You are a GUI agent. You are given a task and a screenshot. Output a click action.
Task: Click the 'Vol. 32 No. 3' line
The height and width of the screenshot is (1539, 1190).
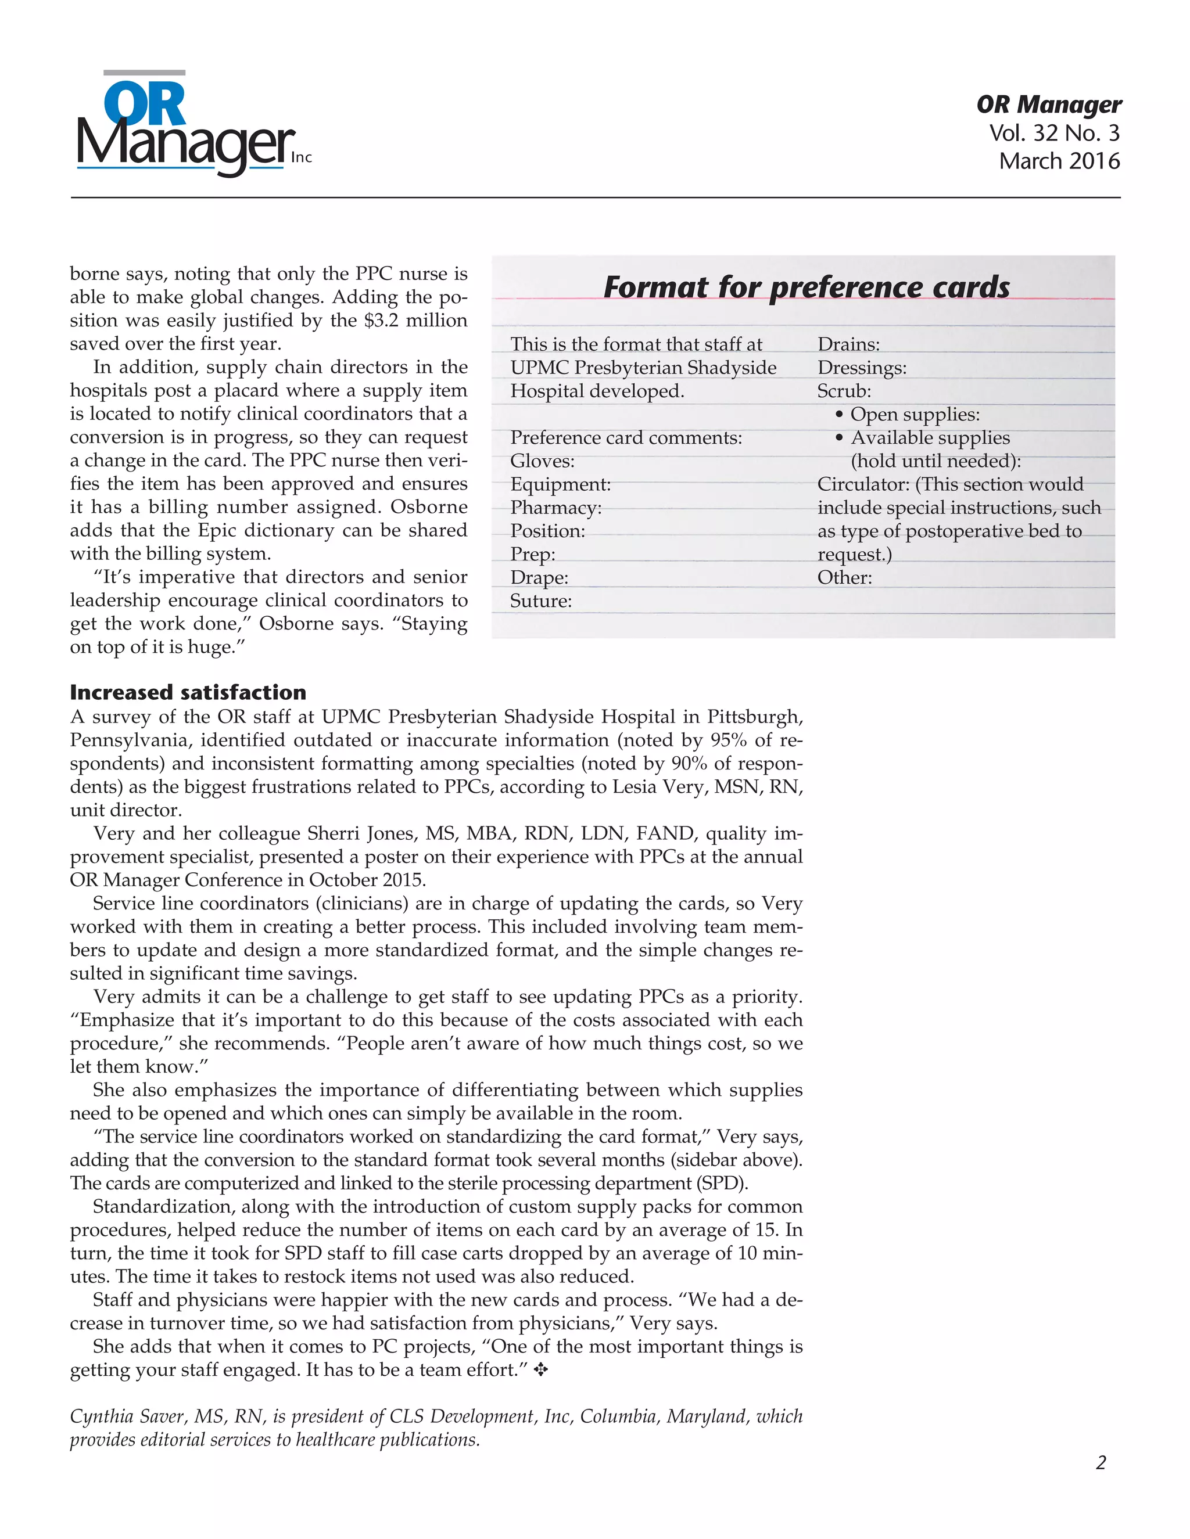coord(1053,132)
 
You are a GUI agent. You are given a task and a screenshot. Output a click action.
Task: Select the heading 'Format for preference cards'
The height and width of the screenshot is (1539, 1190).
coord(806,287)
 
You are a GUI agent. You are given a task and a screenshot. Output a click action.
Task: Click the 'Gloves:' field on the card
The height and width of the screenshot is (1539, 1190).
coord(542,461)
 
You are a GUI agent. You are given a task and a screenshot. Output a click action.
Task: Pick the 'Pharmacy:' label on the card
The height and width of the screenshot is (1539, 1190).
coord(555,508)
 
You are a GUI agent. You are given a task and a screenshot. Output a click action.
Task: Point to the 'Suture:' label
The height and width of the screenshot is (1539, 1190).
coord(541,601)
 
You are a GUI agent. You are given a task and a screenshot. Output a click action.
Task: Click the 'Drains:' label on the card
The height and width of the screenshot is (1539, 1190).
coord(848,344)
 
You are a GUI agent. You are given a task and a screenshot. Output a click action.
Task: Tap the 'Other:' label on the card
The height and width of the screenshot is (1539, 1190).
coord(844,578)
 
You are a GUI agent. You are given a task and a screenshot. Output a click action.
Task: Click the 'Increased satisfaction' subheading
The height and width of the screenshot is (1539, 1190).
coord(188,692)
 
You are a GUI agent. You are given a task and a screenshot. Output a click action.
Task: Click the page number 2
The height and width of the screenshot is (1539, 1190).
coord(1101,1463)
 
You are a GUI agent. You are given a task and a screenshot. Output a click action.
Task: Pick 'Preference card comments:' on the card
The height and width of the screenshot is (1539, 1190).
coord(625,438)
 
